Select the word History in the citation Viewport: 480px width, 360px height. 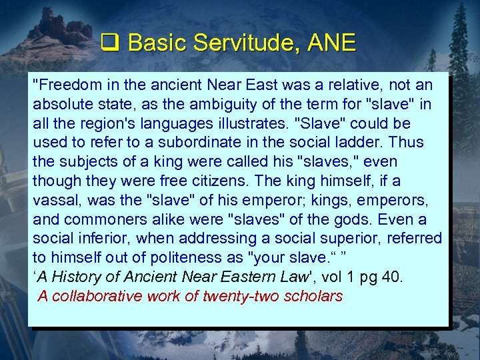pos(75,277)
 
